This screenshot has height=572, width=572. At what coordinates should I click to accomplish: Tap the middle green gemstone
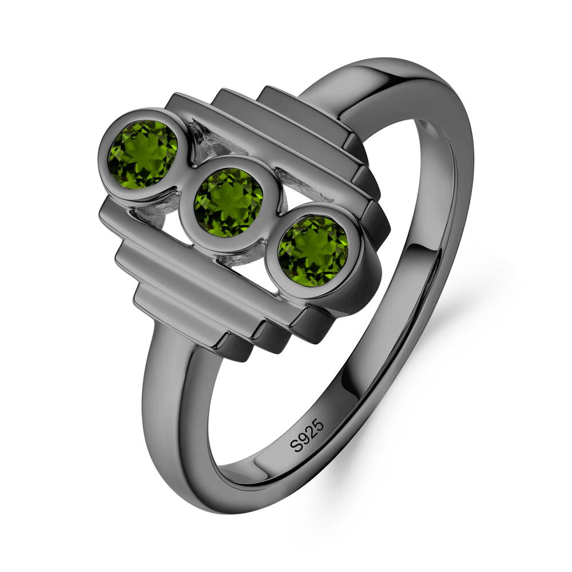point(228,202)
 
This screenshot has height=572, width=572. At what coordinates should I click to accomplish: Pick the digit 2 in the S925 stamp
point(312,431)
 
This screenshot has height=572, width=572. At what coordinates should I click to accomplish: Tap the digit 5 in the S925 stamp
point(319,424)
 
